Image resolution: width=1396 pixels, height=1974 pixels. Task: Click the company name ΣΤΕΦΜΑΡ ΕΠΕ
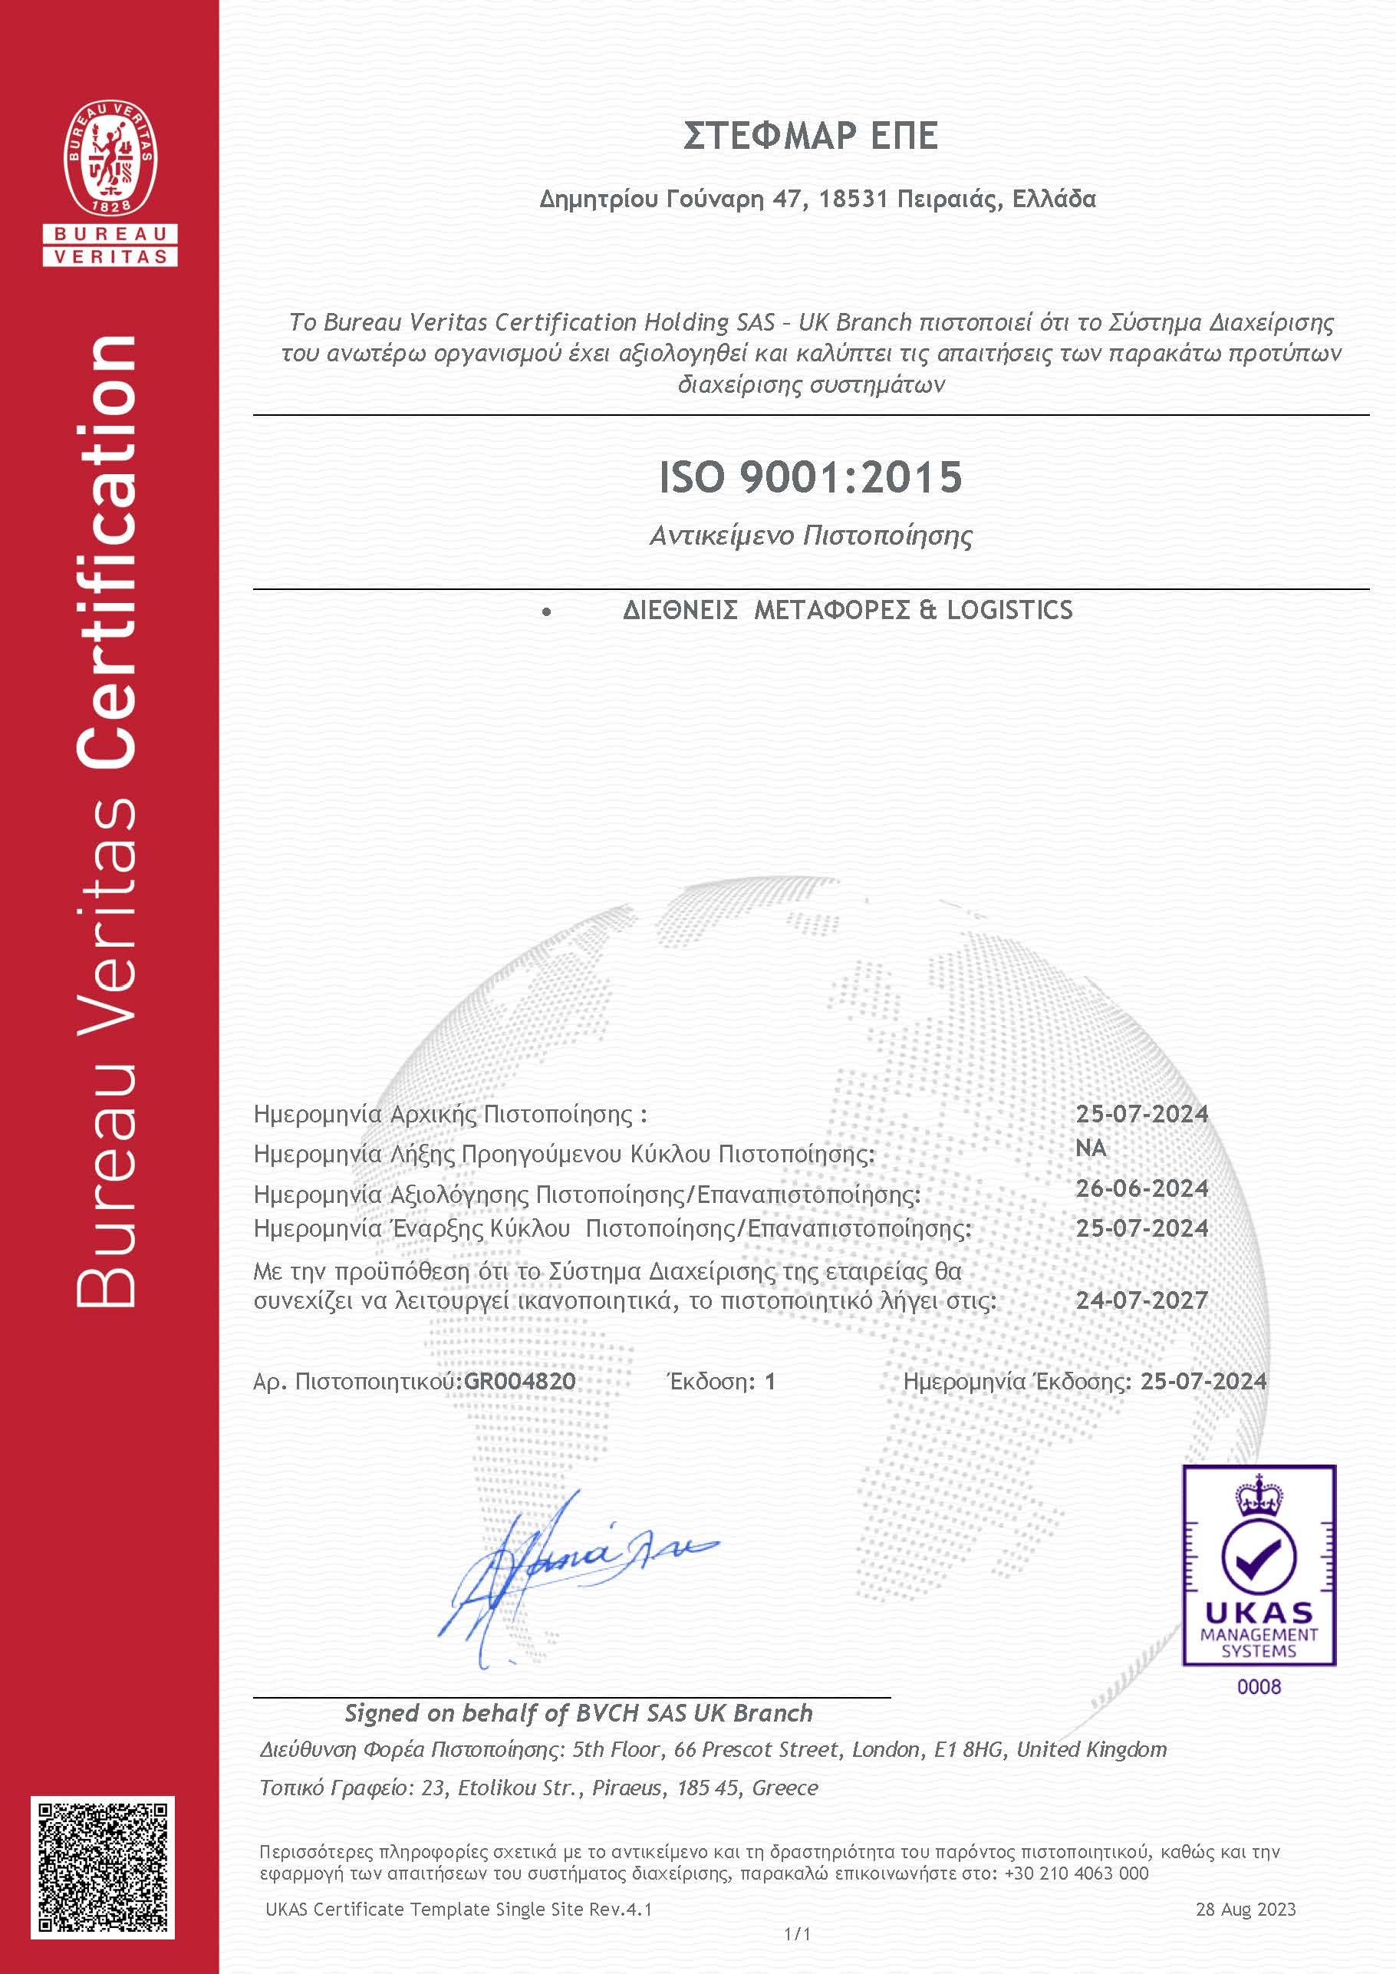(x=810, y=136)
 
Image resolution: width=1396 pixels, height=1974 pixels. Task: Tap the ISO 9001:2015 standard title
(x=810, y=477)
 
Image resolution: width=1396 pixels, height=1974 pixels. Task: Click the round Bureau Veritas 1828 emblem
(x=111, y=159)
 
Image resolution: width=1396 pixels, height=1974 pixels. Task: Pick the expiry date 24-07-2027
(x=1141, y=1300)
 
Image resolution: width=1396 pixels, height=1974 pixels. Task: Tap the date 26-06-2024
(x=1141, y=1188)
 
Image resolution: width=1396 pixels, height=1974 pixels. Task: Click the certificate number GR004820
(x=520, y=1382)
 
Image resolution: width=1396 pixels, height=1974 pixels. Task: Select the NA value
(x=1091, y=1148)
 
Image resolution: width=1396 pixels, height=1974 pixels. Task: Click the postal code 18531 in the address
(x=853, y=199)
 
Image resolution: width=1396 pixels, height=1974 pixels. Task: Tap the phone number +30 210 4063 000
(x=1076, y=1873)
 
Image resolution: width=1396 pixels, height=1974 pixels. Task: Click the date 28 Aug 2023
(x=1246, y=1910)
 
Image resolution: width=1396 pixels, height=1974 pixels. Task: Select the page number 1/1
(x=797, y=1934)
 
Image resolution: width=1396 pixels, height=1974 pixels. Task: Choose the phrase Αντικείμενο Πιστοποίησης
(x=811, y=536)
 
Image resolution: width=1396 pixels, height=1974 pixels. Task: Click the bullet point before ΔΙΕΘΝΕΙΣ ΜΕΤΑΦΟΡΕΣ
(x=547, y=612)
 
